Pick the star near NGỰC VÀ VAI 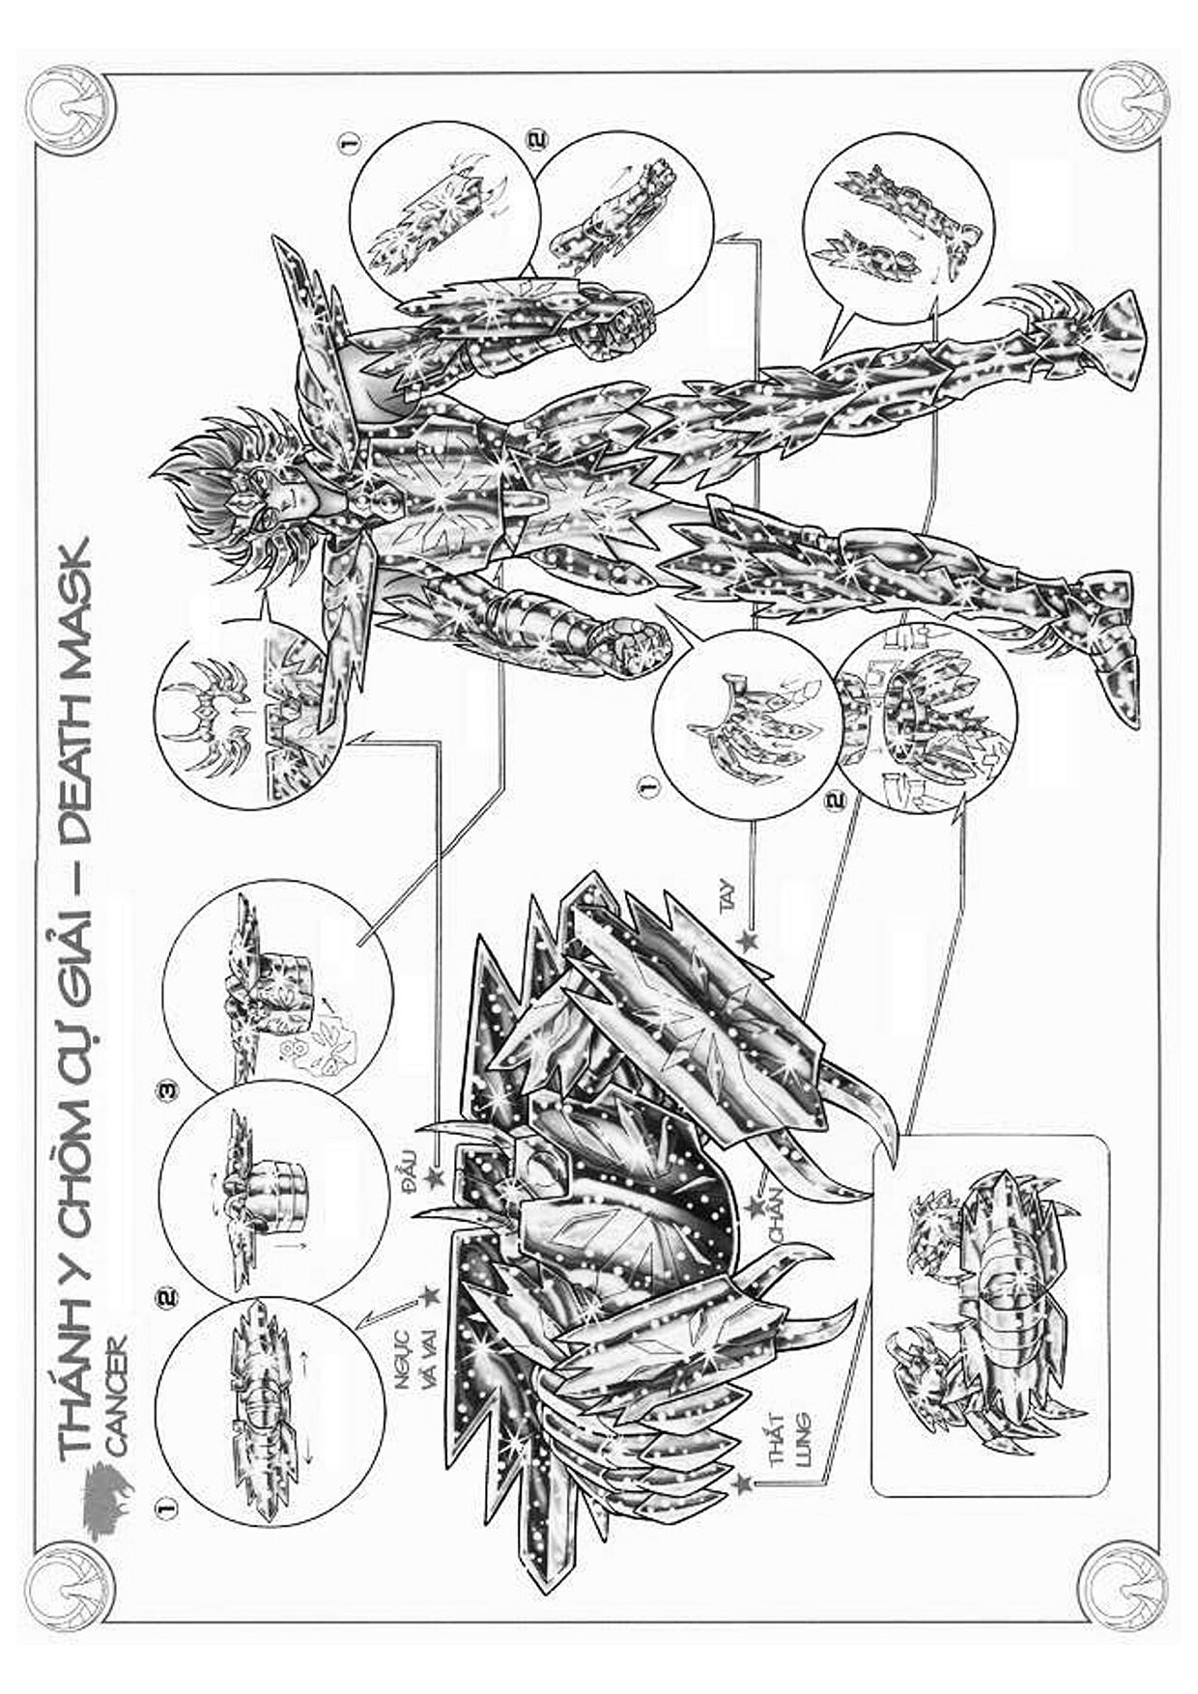click(x=431, y=1293)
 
